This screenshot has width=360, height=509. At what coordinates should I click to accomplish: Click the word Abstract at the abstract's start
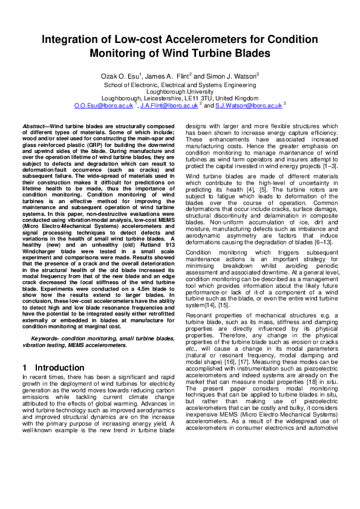click(x=34, y=127)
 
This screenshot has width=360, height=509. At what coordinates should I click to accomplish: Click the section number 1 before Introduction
click(x=25, y=368)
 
